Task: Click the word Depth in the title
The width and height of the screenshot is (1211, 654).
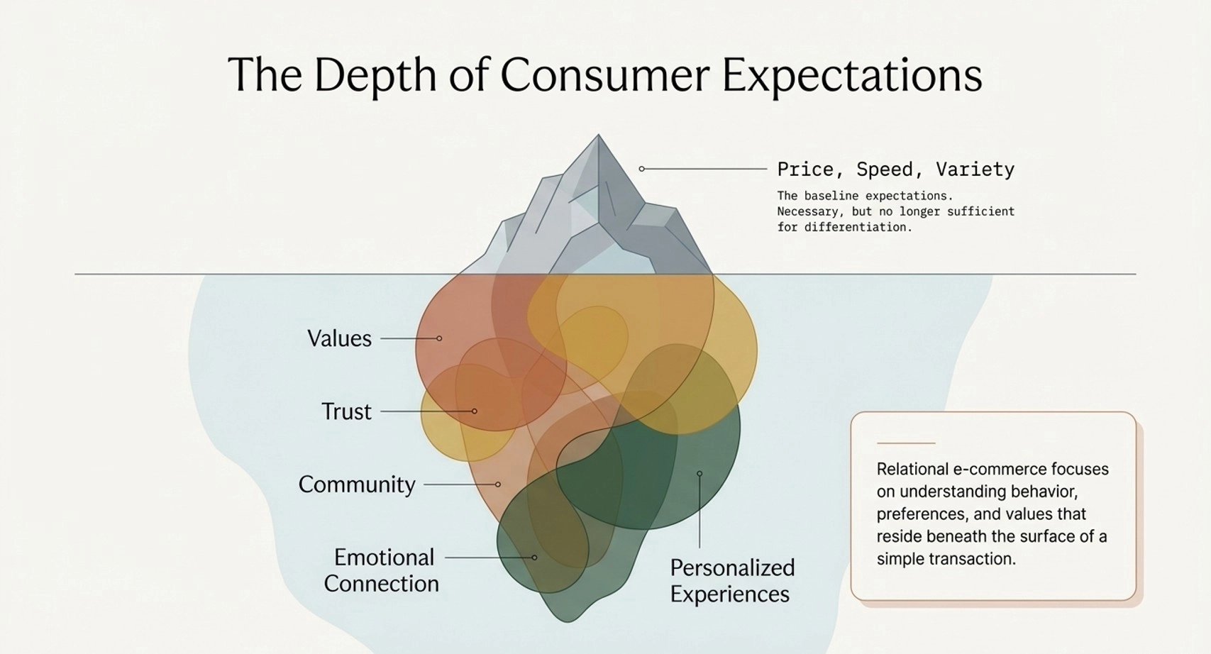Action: pos(375,75)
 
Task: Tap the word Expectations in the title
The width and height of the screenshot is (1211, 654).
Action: pos(852,75)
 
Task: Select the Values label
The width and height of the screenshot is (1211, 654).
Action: pos(340,339)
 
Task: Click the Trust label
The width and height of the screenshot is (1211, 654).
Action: pos(346,412)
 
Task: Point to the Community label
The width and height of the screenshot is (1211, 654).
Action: pos(357,484)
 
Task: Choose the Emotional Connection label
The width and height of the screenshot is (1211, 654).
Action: pos(382,571)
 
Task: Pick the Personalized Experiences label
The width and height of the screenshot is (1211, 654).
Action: pos(733,581)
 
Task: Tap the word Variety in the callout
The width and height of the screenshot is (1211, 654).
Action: pos(975,170)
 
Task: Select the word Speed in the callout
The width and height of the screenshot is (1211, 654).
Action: pos(885,170)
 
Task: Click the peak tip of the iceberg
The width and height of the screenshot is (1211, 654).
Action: pos(599,135)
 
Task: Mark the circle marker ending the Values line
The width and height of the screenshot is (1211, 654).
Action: pos(439,338)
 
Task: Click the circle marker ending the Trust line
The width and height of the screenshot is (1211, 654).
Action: pos(474,411)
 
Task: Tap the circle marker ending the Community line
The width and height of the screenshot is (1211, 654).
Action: pos(498,484)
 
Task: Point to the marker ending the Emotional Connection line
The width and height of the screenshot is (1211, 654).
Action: pos(534,558)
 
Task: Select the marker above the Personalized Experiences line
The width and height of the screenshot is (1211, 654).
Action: pos(699,473)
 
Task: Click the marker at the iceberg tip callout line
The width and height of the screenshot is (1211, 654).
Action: pos(642,169)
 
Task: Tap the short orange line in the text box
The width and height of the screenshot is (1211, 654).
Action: pos(906,443)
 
